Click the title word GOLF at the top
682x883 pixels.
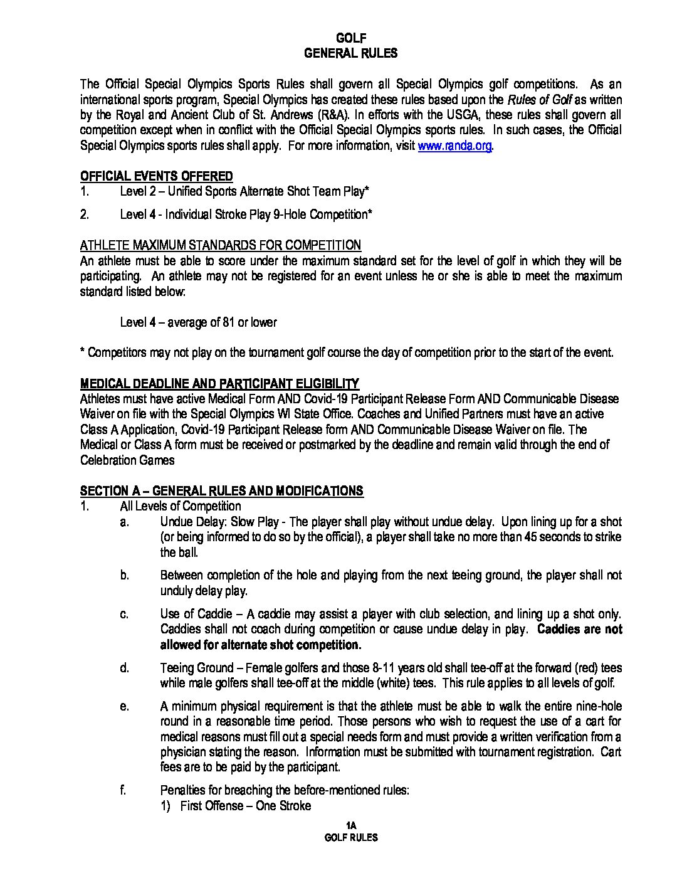pos(351,39)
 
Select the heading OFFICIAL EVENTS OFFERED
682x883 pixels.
pos(157,176)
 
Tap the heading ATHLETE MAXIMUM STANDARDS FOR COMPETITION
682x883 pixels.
pos(221,245)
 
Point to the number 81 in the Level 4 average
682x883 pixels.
pos(228,322)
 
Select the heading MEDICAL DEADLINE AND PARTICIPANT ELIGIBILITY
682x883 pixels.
pos(219,384)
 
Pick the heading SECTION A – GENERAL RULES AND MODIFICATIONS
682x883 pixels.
pos(222,491)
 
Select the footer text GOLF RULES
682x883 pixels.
pos(351,837)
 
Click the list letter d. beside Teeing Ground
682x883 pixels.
pos(124,669)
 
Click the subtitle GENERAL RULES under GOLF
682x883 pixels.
pos(351,54)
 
